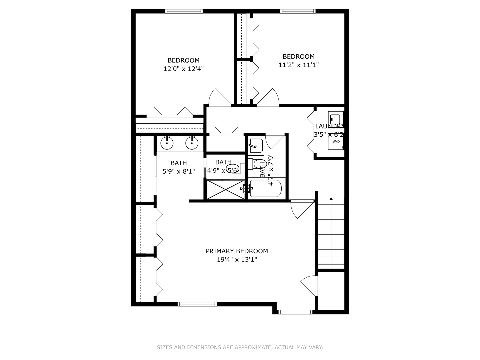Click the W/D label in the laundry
[336, 141]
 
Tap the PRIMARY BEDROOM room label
[237, 251]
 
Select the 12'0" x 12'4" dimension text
[183, 69]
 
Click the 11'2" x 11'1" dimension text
[299, 65]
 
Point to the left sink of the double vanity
[167, 143]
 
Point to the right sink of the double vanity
[192, 143]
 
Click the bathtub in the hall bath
[266, 189]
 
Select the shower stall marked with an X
[226, 190]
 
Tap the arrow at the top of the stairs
[331, 199]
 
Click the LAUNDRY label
[329, 126]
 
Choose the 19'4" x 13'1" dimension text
[237, 260]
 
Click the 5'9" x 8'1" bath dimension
[179, 172]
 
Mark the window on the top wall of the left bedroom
[184, 11]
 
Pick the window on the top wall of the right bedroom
[298, 11]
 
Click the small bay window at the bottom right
[295, 312]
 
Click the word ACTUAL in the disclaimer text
[285, 347]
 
